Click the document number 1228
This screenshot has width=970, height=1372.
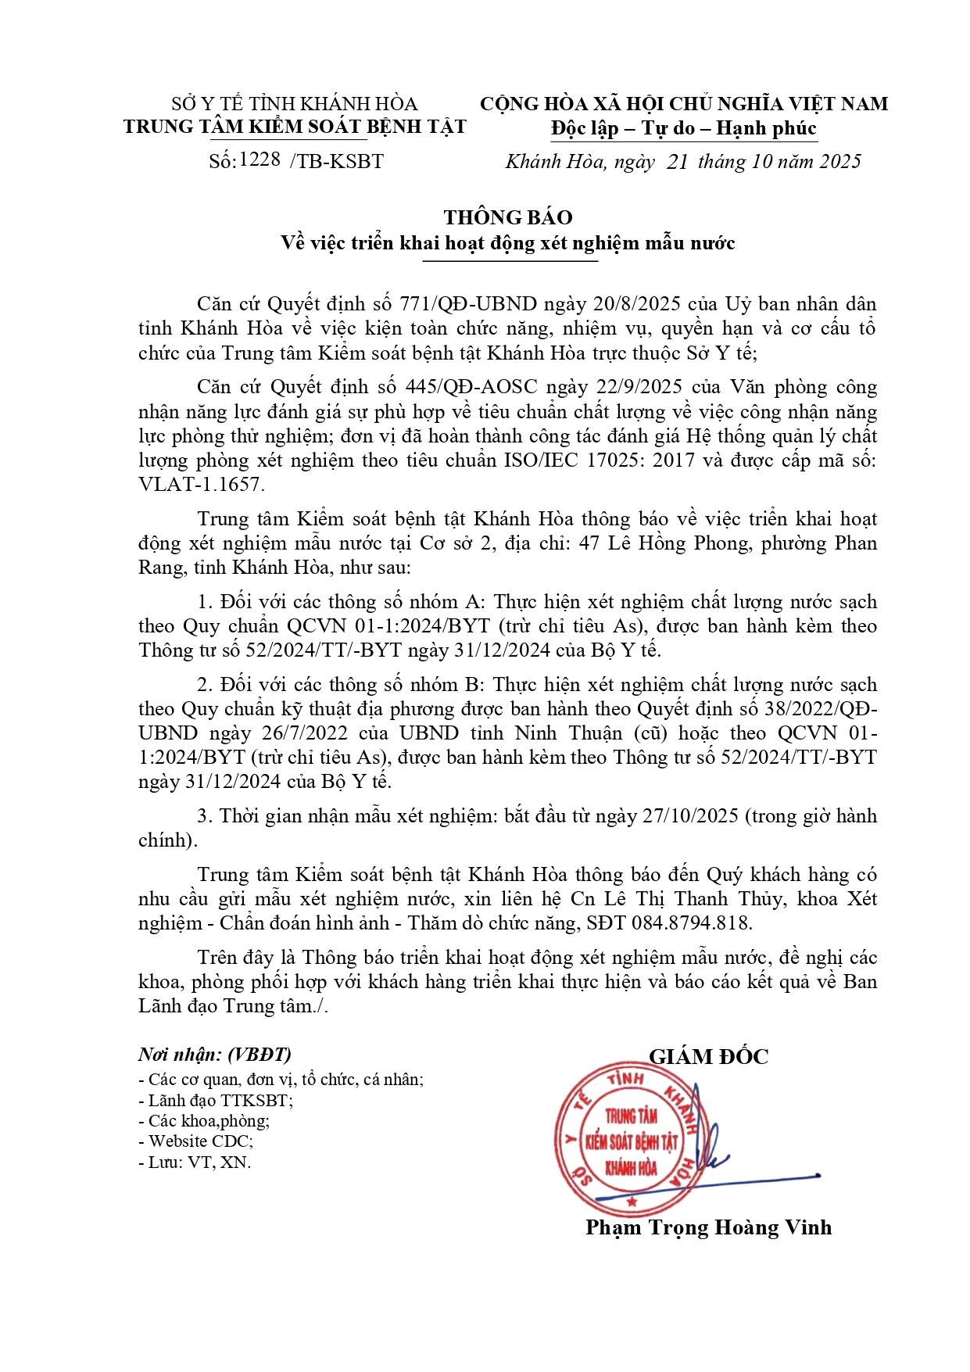(x=260, y=159)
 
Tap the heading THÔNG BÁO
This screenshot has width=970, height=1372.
(x=508, y=217)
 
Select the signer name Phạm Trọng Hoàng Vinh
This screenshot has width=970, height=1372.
(x=708, y=1227)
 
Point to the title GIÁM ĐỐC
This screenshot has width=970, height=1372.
(x=708, y=1057)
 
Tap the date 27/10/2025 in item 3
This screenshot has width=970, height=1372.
(x=690, y=816)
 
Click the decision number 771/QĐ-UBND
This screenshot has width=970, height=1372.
(x=468, y=304)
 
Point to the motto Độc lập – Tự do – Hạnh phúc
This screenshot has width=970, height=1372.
(x=683, y=129)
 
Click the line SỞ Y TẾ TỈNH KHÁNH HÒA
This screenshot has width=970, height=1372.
(x=295, y=104)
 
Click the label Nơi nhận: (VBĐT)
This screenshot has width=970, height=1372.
(x=215, y=1055)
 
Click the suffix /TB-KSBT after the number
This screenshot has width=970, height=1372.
(x=337, y=162)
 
